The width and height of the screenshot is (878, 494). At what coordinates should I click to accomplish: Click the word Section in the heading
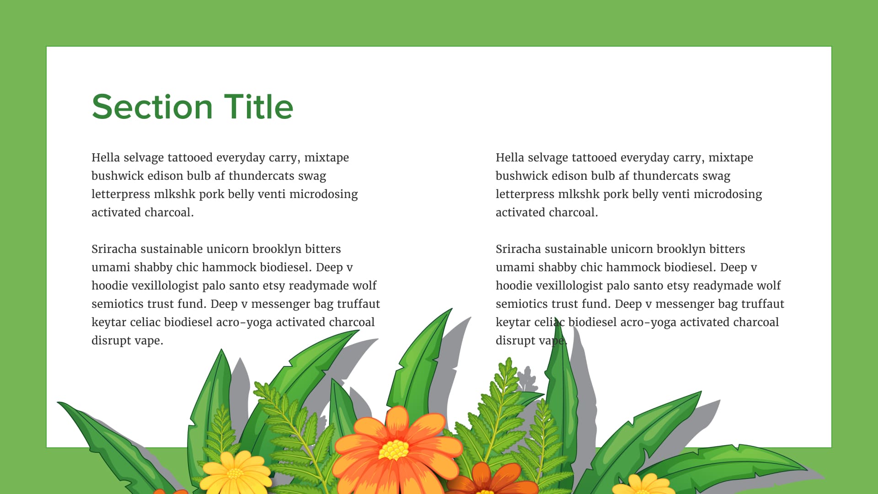point(152,107)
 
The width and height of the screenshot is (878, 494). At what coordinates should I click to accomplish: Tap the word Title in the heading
point(258,107)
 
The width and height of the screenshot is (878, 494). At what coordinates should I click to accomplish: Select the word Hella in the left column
point(106,158)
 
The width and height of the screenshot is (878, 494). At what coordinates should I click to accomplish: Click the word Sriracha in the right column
point(518,249)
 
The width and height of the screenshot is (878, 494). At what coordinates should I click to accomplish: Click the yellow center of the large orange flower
point(394,450)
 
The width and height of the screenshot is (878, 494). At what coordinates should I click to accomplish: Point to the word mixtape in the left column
point(327,158)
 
